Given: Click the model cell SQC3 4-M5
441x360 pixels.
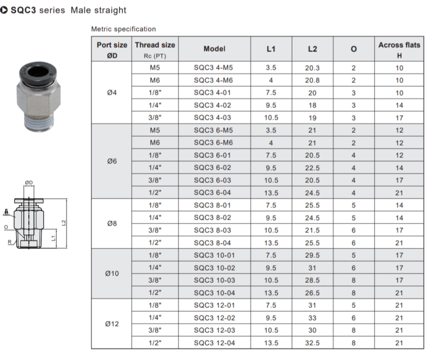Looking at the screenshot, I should pyautogui.click(x=214, y=68).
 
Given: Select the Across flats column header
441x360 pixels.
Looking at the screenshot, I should pyautogui.click(x=399, y=49).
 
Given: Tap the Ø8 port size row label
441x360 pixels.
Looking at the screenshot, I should pyautogui.click(x=112, y=224).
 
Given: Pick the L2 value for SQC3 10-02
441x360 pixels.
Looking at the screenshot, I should pyautogui.click(x=312, y=268).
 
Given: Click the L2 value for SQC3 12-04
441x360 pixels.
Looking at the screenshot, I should pyautogui.click(x=312, y=343).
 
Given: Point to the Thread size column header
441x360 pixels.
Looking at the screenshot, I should pyautogui.click(x=155, y=49).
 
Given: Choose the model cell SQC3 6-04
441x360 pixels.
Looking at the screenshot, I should pyautogui.click(x=214, y=193).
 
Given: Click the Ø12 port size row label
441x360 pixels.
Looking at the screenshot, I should pyautogui.click(x=112, y=324).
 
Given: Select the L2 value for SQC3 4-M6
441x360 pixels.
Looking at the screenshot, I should pyautogui.click(x=312, y=80).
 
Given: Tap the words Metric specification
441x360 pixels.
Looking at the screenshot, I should pyautogui.click(x=124, y=29).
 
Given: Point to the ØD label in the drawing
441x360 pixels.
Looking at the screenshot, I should pyautogui.click(x=29, y=183).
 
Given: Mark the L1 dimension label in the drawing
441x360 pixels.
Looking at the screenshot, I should pyautogui.click(x=53, y=238).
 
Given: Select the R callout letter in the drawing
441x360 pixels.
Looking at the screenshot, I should pyautogui.click(x=9, y=242).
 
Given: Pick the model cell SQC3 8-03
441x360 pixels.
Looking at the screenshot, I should pyautogui.click(x=214, y=230).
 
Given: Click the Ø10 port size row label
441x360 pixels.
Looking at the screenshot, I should pyautogui.click(x=112, y=274).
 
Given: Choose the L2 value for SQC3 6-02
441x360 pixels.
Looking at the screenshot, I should pyautogui.click(x=312, y=168).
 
